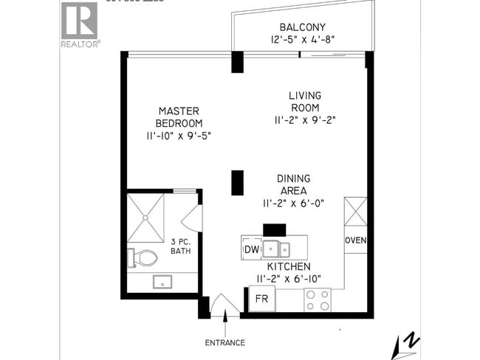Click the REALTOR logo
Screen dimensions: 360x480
point(80,24)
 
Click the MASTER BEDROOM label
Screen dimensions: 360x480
point(179,117)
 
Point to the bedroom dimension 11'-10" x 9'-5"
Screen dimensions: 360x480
point(179,136)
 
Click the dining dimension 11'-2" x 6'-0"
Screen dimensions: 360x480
point(293,203)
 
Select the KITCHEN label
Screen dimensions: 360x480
point(289,266)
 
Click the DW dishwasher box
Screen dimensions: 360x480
point(250,249)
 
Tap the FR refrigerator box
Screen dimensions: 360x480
point(261,299)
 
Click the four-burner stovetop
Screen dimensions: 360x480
point(318,299)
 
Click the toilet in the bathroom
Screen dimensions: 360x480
point(143,257)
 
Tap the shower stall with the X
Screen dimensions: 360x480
point(146,218)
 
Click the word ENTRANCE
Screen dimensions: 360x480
point(225,342)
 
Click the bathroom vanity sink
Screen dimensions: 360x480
point(162,281)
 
